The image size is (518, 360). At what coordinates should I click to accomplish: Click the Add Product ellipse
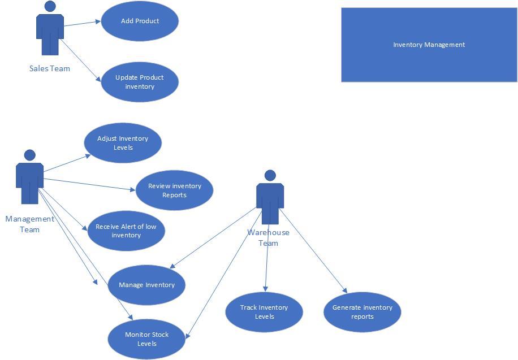click(140, 21)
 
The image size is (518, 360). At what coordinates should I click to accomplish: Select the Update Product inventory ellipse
click(140, 82)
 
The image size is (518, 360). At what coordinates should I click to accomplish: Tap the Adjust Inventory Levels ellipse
click(123, 143)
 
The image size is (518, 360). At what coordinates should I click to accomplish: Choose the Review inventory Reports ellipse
click(174, 190)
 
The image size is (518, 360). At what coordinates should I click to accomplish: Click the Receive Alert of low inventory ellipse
click(126, 231)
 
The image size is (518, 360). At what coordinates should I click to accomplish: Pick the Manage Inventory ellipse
click(146, 285)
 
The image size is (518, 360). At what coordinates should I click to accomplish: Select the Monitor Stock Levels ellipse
click(146, 339)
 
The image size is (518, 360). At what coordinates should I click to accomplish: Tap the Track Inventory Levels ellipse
click(264, 312)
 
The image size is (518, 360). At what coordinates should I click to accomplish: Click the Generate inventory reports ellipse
click(362, 312)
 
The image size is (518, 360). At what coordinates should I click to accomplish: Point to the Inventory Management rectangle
click(429, 45)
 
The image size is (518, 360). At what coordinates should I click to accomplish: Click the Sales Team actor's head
click(50, 7)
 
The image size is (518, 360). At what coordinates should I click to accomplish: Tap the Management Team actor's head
click(30, 155)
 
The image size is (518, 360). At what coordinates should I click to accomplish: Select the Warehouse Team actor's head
click(270, 176)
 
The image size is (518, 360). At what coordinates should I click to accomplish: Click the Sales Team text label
click(50, 68)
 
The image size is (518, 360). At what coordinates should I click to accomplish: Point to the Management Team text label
click(30, 224)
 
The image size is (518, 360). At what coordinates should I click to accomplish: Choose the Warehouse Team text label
click(268, 237)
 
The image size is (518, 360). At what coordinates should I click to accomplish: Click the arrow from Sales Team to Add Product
click(82, 23)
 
